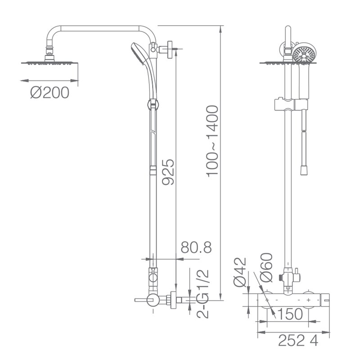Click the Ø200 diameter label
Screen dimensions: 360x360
point(49,93)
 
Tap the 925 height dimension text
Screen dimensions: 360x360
point(168,172)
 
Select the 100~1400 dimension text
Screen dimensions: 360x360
point(212,141)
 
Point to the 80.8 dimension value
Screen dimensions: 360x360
point(196,247)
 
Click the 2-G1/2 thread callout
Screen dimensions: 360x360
point(203,294)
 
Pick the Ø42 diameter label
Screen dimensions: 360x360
point(240,272)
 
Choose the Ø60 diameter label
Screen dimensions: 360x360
point(266,267)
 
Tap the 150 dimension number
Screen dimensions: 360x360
point(290,314)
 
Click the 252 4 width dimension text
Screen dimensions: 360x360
point(298,341)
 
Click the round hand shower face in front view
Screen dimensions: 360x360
point(305,54)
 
